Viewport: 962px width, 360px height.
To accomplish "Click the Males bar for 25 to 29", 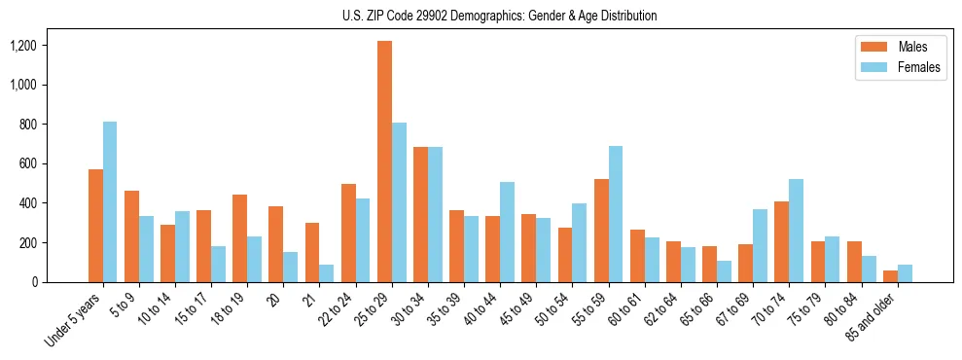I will tap(384, 162).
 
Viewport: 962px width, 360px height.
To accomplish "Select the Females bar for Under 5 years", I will tap(110, 201).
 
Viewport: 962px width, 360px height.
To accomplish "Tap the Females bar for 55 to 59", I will tap(616, 214).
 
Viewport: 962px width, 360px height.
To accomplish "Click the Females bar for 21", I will tap(327, 273).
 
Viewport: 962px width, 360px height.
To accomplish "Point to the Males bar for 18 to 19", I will tap(239, 238).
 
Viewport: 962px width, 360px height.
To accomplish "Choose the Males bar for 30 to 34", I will tap(420, 214).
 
